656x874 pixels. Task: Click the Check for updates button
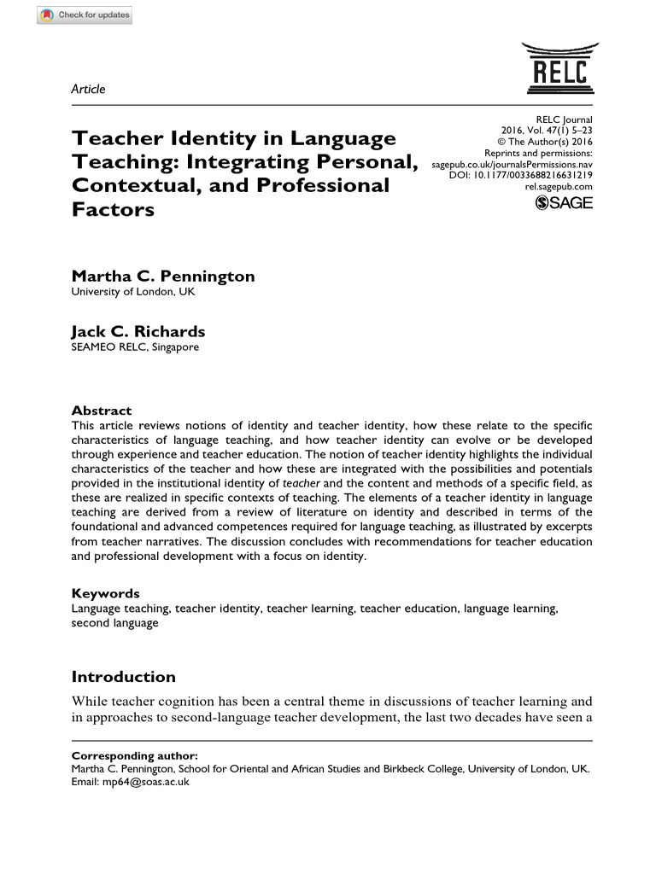(x=85, y=15)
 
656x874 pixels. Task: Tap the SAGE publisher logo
(x=563, y=203)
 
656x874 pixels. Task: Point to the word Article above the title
(x=88, y=89)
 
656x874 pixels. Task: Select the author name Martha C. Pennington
(x=162, y=276)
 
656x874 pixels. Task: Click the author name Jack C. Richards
(x=138, y=331)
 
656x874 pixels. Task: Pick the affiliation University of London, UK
(x=132, y=292)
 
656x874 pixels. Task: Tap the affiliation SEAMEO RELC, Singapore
(x=134, y=347)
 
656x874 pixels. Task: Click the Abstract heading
(x=101, y=411)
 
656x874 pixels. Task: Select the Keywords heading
(x=105, y=593)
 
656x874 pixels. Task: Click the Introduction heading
(x=123, y=677)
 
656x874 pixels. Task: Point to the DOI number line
(x=520, y=175)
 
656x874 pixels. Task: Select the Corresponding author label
(x=134, y=755)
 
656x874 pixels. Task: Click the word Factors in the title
(x=113, y=209)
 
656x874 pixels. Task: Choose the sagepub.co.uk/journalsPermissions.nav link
(x=512, y=164)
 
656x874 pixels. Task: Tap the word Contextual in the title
(x=132, y=185)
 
